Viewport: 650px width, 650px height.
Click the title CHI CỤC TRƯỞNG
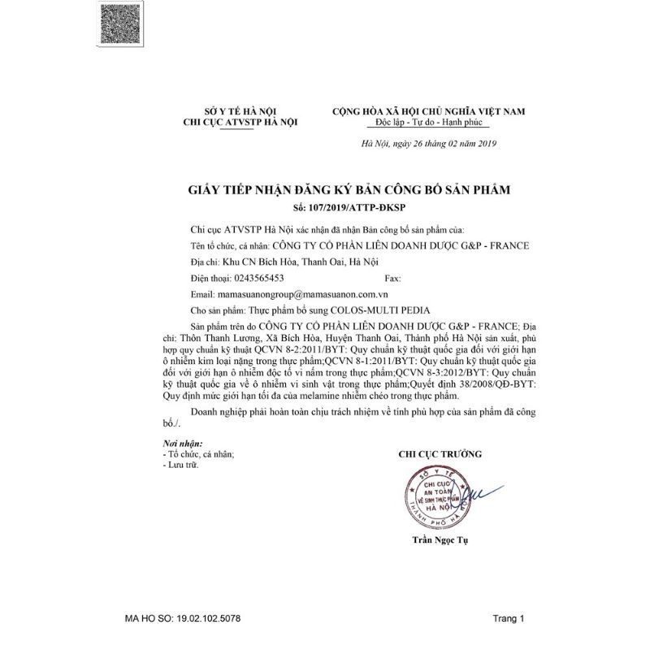point(440,453)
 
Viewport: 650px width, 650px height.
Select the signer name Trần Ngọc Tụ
point(440,540)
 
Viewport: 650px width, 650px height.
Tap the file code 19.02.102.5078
point(212,618)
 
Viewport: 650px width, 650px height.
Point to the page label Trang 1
point(509,618)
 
